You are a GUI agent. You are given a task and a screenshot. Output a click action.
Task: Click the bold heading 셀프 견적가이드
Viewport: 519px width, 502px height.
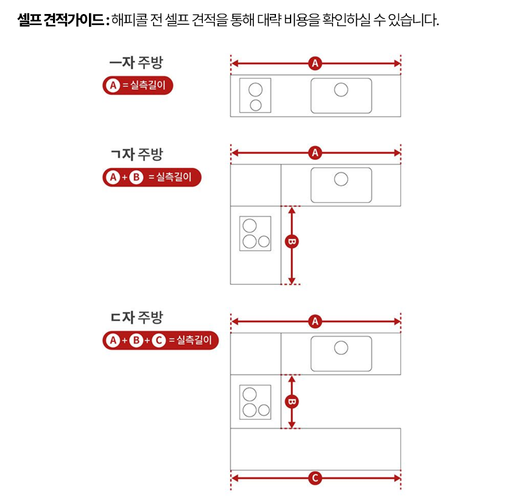[61, 20]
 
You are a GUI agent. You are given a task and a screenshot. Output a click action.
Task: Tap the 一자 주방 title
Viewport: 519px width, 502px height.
[136, 63]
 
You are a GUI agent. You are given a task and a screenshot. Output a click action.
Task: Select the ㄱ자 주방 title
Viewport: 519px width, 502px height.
[136, 154]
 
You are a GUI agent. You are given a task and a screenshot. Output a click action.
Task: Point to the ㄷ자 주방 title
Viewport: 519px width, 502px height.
[136, 317]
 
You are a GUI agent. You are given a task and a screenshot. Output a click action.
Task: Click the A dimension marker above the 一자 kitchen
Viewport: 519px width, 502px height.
[315, 63]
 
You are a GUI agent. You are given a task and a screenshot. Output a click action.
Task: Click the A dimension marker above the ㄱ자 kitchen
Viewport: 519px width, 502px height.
[315, 153]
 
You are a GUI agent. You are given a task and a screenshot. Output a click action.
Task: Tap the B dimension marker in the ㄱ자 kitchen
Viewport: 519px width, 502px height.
[292, 242]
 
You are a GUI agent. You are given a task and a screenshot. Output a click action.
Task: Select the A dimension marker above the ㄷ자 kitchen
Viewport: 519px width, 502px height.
[315, 321]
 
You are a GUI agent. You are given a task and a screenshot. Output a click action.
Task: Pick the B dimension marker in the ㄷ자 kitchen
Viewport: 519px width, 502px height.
[292, 402]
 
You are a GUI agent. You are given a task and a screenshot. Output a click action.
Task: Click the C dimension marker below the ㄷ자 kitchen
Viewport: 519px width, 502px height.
[315, 478]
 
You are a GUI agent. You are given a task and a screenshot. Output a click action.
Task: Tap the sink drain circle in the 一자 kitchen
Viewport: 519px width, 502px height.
[341, 89]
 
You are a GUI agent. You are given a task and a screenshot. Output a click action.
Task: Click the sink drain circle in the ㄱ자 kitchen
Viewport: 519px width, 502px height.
[341, 180]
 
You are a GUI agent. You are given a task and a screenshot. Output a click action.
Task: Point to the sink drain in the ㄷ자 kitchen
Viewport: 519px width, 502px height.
[341, 348]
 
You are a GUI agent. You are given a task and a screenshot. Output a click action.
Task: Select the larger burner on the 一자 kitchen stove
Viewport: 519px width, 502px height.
[255, 89]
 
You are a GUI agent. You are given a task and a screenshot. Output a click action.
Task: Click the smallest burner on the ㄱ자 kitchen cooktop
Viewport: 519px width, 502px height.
[264, 242]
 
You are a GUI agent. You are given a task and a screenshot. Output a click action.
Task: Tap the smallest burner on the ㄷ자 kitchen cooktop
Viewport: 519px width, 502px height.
[264, 410]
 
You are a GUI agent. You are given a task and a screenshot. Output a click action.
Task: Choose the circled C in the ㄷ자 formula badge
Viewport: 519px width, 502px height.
[158, 340]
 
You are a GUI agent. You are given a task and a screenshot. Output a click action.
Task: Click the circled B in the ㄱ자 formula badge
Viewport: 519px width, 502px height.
[136, 177]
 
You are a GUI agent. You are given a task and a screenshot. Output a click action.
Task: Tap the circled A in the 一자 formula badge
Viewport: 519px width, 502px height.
[113, 85]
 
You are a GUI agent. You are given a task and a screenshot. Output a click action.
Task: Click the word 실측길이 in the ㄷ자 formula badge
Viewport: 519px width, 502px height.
[194, 340]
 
